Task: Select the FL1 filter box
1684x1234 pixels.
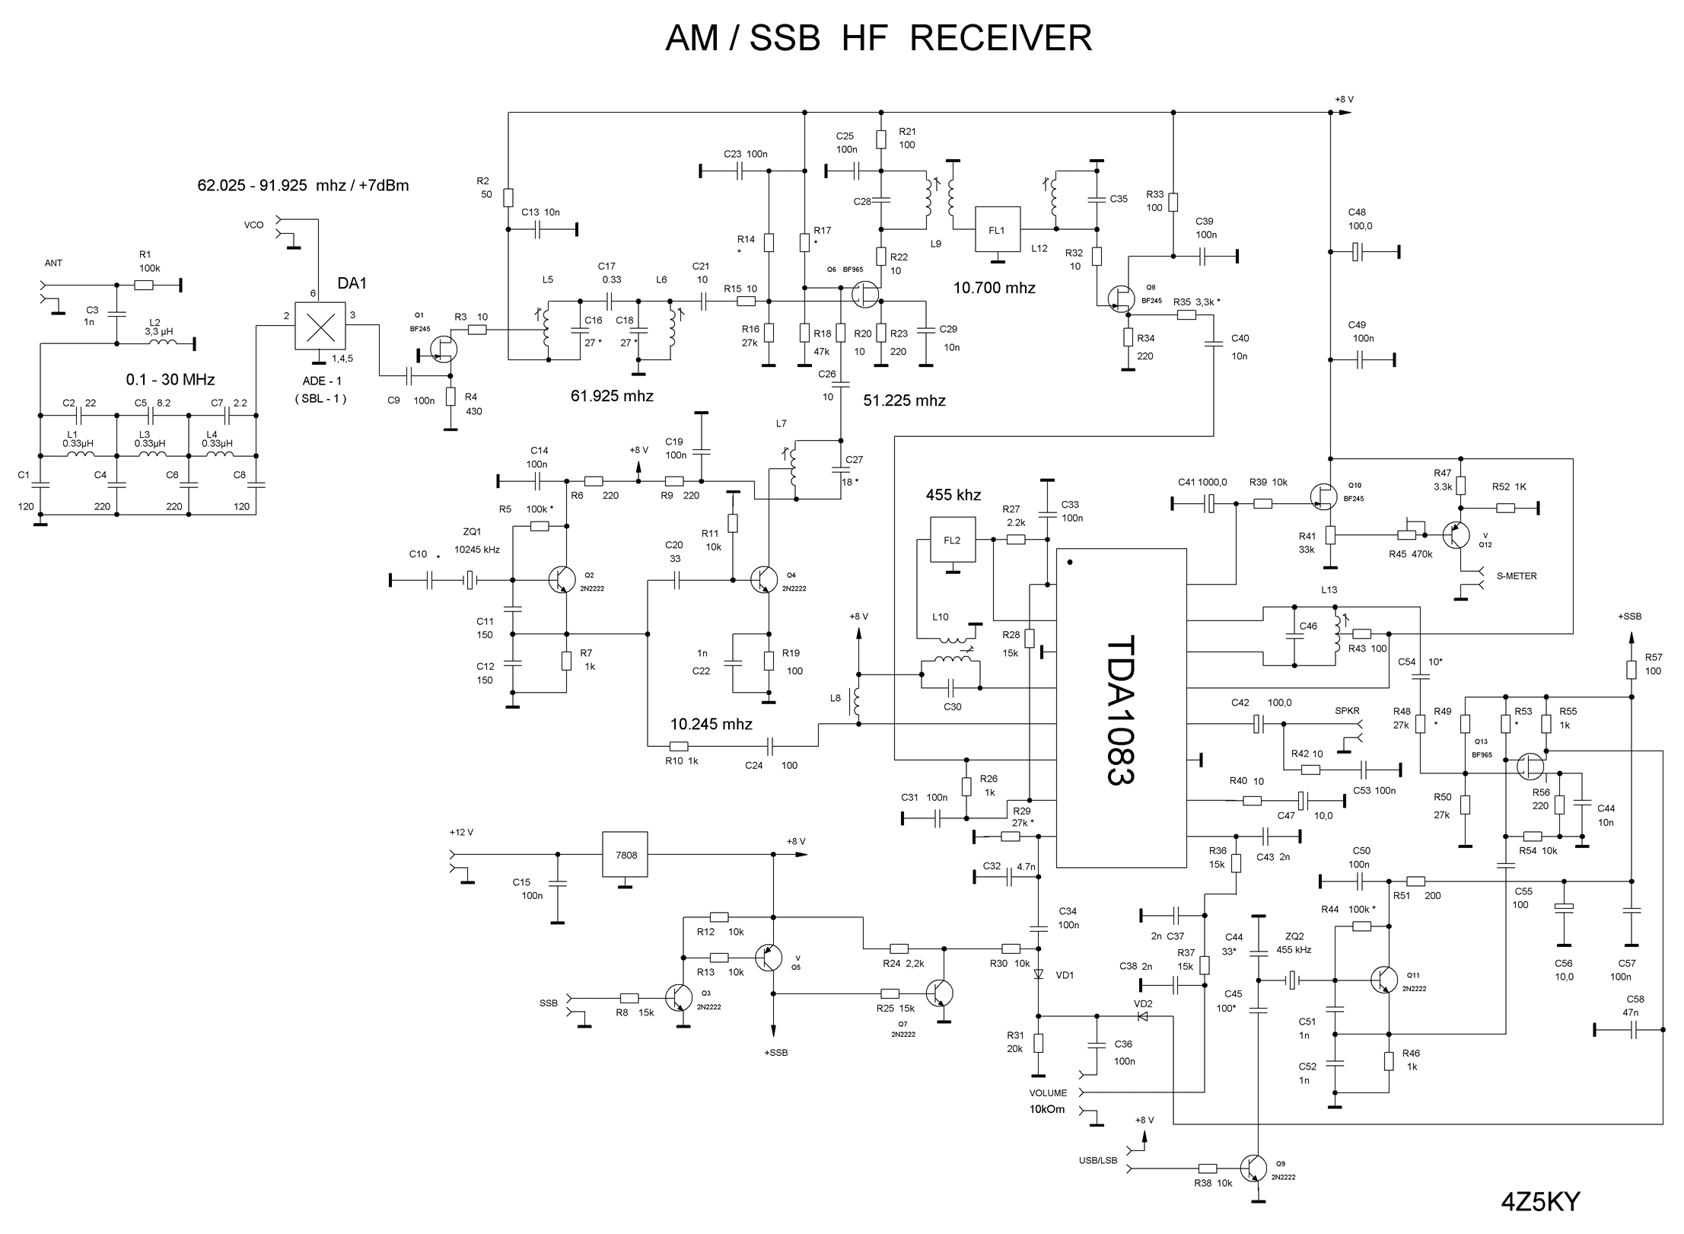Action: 997,229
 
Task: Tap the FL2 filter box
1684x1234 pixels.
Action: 952,540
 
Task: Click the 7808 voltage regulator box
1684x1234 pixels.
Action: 626,855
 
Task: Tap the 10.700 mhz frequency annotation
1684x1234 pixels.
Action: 995,288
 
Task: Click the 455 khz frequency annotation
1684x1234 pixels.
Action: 953,495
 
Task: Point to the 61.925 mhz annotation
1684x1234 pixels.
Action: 612,396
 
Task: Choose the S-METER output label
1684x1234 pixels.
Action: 1517,576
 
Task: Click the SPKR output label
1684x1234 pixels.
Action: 1347,711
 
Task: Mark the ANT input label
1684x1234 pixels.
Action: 53,263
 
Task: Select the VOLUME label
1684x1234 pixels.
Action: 1048,1093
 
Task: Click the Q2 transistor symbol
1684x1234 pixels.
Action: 562,580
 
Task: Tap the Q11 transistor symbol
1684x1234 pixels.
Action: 1385,980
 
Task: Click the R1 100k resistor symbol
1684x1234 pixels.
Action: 144,285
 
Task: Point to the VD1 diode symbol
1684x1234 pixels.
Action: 1038,974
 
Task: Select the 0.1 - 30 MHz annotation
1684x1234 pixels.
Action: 170,379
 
